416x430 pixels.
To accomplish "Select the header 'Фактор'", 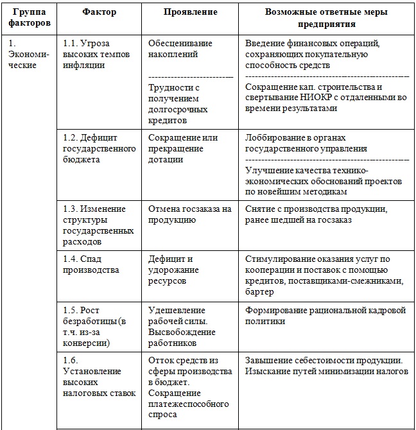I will pos(99,12).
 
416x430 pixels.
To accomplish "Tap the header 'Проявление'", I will pos(190,12).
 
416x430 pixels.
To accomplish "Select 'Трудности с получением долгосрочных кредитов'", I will pos(177,103).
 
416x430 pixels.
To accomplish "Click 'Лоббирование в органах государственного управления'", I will pos(306,143).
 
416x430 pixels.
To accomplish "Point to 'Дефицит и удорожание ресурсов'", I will pos(173,270).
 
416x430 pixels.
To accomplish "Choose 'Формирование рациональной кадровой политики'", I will pos(325,316).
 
